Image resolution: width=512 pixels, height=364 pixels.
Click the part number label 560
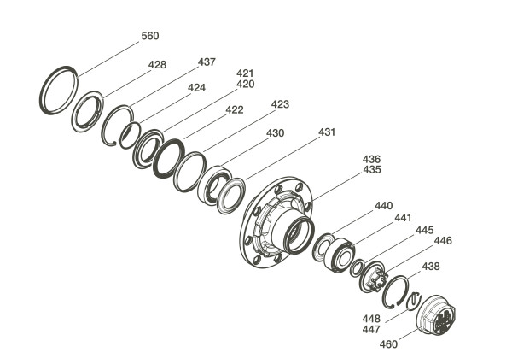[150, 36]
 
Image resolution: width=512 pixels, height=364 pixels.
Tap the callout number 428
[157, 65]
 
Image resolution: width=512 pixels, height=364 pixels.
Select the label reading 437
[207, 62]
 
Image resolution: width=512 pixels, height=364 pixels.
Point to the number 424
[196, 88]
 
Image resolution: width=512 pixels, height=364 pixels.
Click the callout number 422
[235, 110]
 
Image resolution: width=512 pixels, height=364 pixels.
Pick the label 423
[280, 104]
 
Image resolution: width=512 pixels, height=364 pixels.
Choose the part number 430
[276, 133]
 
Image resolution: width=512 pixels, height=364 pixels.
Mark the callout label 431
[327, 132]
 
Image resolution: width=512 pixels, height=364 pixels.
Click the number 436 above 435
[371, 159]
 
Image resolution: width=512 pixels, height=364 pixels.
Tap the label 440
[384, 206]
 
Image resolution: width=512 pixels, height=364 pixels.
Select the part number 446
[443, 241]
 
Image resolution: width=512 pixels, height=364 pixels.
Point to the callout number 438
[431, 267]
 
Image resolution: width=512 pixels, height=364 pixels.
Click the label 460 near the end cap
[388, 344]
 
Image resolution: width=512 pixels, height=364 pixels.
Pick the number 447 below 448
[371, 329]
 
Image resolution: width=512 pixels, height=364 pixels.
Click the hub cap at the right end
[436, 315]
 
